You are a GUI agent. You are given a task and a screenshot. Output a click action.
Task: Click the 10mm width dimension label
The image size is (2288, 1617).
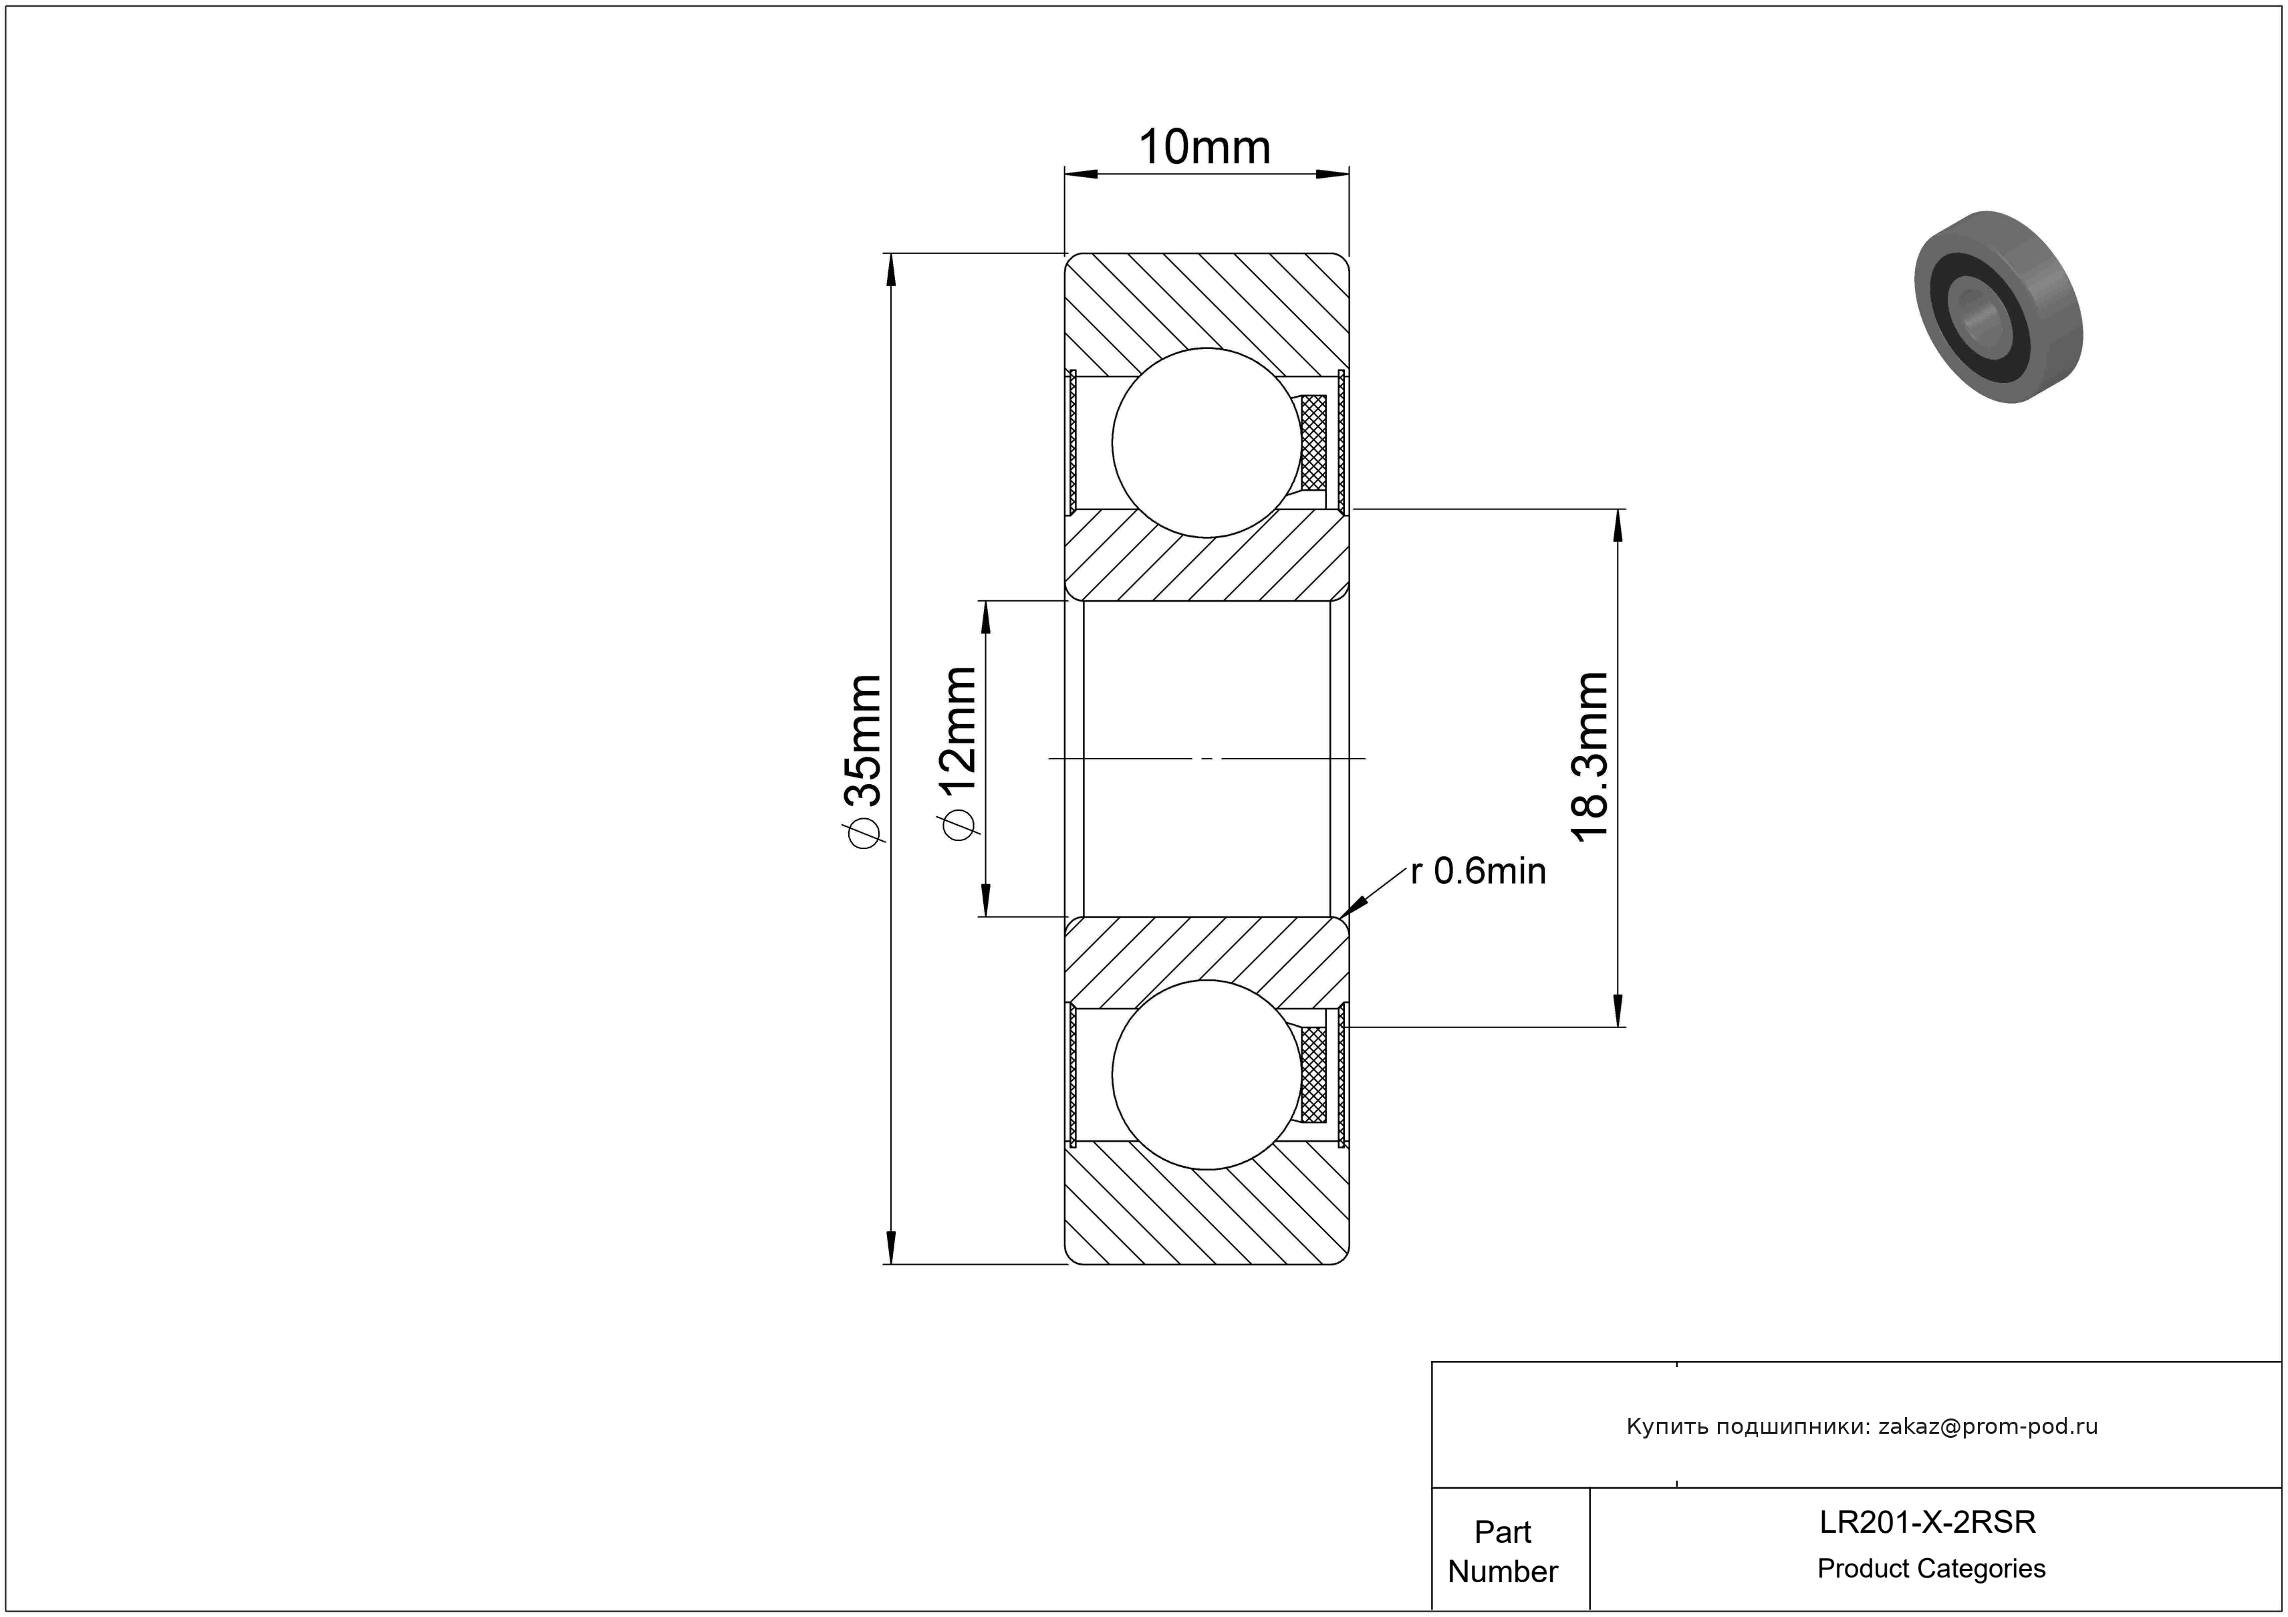1204,148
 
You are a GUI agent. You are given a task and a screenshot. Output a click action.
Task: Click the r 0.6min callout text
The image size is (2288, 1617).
1478,872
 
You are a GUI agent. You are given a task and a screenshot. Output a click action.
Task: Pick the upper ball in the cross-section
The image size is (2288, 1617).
1206,443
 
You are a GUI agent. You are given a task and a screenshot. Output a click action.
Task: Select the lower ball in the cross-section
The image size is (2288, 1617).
1206,1074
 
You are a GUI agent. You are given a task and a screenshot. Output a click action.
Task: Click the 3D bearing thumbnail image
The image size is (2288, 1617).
1999,307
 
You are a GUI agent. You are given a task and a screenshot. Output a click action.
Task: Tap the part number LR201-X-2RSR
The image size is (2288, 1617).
1927,1522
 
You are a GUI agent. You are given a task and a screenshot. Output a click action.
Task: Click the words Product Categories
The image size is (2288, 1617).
1931,1569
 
